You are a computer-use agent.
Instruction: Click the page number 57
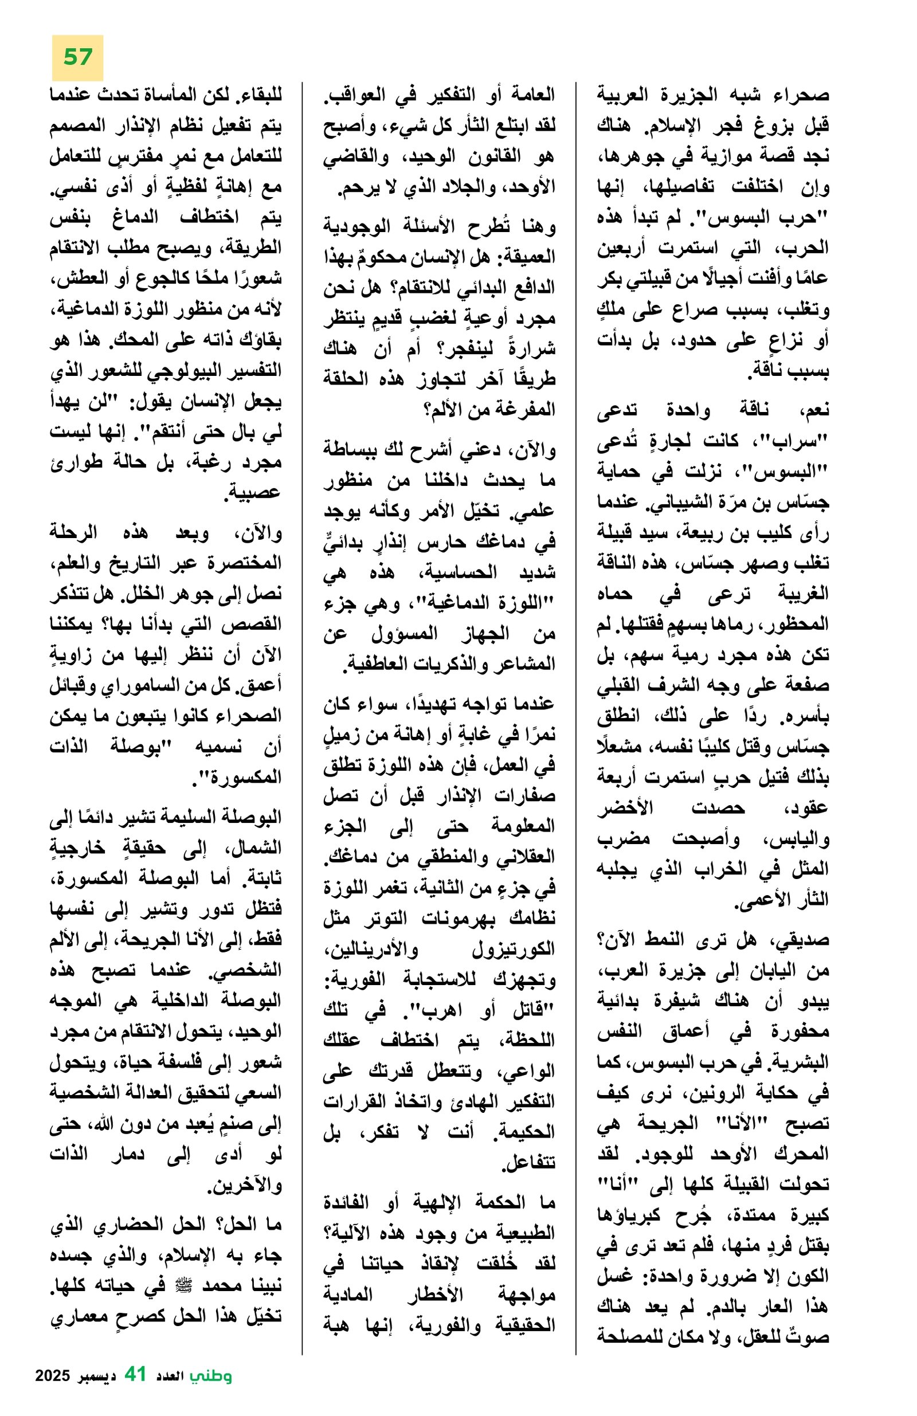pyautogui.click(x=77, y=57)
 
